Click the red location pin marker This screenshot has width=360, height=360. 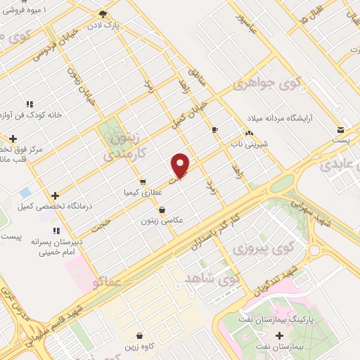[x=181, y=165]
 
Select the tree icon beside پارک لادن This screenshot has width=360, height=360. [x=103, y=14]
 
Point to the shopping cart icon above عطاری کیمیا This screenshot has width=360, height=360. [x=143, y=181]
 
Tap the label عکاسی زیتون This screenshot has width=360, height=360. [x=162, y=220]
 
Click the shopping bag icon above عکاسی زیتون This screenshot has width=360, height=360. [x=162, y=209]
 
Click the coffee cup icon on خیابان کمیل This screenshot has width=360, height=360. [x=215, y=129]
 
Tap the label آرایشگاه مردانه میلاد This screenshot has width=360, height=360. [x=283, y=117]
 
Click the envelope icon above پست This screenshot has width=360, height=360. [x=340, y=130]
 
